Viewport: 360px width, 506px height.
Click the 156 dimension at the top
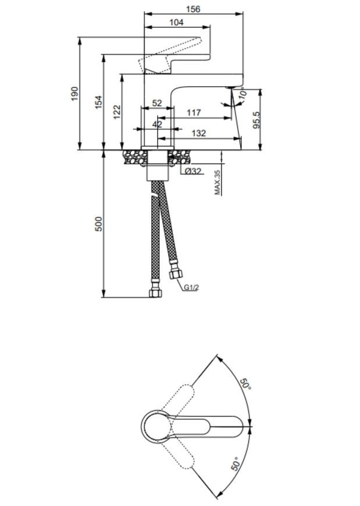193,9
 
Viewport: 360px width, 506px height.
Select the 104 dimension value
176,22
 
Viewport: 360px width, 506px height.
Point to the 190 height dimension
74,94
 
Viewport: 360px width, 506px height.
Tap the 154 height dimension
98,102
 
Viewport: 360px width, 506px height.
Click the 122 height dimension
117,112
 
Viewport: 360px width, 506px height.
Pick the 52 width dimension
157,103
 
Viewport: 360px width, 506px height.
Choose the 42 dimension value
157,124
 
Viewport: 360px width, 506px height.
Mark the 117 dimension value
194,113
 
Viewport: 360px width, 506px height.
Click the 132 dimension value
199,133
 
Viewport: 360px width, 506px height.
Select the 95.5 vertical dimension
256,120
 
